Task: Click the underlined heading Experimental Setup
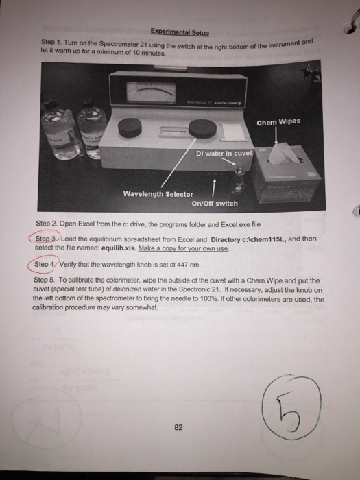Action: (180, 32)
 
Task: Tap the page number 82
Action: (178, 427)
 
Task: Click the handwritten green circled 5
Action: (291, 408)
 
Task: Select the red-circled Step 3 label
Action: (46, 239)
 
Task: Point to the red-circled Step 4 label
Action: (45, 264)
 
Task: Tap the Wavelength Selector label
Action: (158, 194)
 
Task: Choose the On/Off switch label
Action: (214, 203)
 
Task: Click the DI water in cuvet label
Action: (224, 153)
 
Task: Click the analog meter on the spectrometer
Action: (152, 92)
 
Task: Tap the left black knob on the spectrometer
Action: (130, 128)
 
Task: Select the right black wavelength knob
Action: (203, 128)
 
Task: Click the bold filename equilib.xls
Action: (119, 248)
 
